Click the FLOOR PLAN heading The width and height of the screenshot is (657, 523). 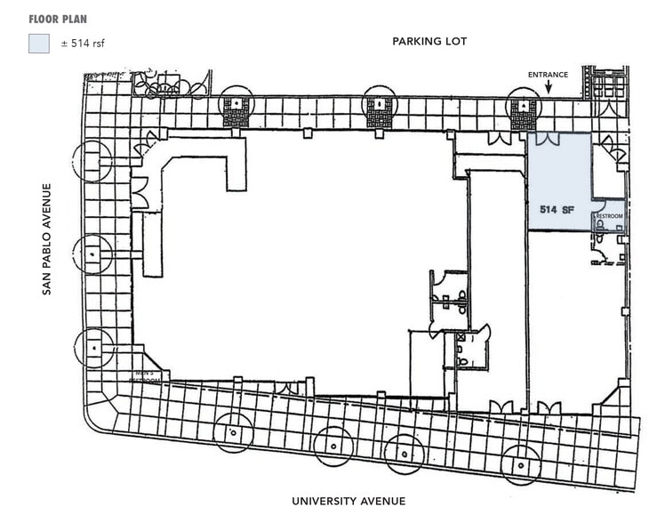(58, 19)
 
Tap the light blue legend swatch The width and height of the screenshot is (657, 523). (38, 43)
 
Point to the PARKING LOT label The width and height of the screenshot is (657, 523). (429, 42)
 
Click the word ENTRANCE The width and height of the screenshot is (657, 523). (548, 75)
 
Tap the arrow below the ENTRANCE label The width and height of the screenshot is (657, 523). (549, 87)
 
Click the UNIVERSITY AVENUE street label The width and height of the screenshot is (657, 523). (349, 501)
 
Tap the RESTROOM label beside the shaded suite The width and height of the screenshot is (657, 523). (609, 216)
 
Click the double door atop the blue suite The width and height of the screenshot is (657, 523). (545, 140)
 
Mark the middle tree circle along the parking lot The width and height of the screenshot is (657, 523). (380, 107)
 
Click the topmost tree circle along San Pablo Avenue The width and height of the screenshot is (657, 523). (93, 161)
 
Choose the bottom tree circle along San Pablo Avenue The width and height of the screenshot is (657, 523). (93, 347)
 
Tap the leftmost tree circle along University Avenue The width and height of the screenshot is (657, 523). (233, 433)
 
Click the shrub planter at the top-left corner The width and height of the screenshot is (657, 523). (168, 84)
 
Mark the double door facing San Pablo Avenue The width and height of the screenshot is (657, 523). (139, 190)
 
